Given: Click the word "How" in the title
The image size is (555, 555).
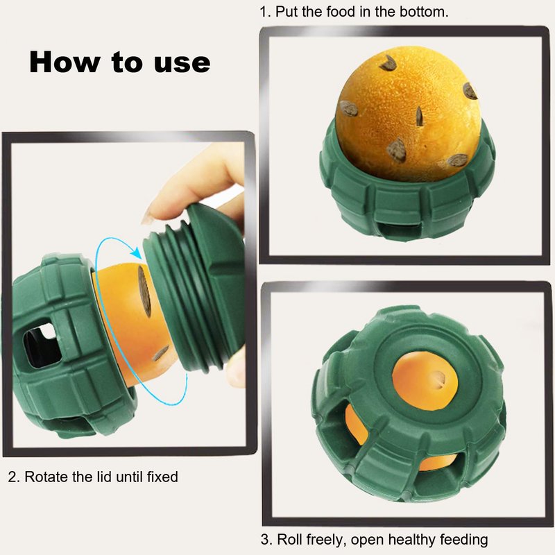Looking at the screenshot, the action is click(65, 62).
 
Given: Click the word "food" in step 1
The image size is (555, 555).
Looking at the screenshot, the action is click(341, 12).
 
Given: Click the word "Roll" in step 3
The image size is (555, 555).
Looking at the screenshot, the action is click(291, 540).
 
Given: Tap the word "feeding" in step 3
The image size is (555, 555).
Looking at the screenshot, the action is click(463, 540).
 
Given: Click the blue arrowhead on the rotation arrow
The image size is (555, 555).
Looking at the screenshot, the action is click(136, 253).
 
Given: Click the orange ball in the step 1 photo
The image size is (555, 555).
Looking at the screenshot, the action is click(408, 115).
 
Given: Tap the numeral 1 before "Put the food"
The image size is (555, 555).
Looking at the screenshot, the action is click(264, 12).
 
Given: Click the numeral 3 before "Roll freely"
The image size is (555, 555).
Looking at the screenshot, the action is click(265, 540).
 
